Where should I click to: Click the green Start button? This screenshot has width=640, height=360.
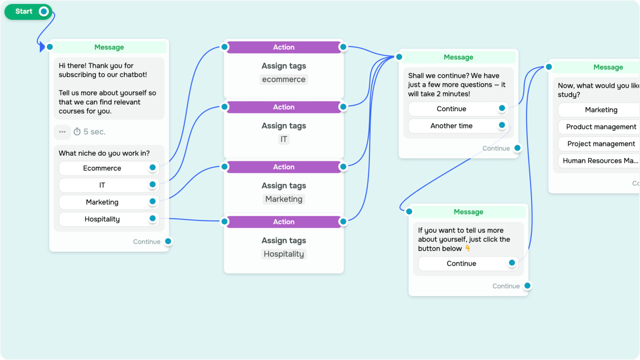[24, 11]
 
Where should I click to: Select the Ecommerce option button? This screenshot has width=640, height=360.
[102, 168]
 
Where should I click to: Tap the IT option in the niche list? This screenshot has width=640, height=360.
[102, 185]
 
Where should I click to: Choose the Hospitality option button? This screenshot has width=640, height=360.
[102, 219]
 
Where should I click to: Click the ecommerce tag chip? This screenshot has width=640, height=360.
[284, 79]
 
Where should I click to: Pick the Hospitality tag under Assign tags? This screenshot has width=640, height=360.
[284, 254]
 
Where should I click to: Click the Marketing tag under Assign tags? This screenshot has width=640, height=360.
[284, 199]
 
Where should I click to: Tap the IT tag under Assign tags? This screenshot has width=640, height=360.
[284, 139]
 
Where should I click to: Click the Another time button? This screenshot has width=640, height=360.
[452, 126]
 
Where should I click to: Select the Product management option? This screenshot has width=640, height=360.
[601, 127]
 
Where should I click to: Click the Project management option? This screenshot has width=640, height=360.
[601, 143]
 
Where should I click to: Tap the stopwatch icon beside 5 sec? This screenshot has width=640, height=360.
[77, 132]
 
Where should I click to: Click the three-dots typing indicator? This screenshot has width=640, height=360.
[62, 132]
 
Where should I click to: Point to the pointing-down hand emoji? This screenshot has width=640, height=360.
[468, 248]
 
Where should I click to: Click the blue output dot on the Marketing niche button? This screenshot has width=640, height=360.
[152, 202]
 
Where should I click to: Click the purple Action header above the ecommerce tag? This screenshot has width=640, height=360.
[284, 47]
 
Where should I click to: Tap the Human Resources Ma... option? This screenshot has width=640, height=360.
[600, 160]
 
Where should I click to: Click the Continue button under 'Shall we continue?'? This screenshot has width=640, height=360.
[452, 109]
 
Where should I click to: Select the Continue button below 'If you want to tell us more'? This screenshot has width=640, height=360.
[461, 263]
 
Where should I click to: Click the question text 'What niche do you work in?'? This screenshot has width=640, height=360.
[104, 153]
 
